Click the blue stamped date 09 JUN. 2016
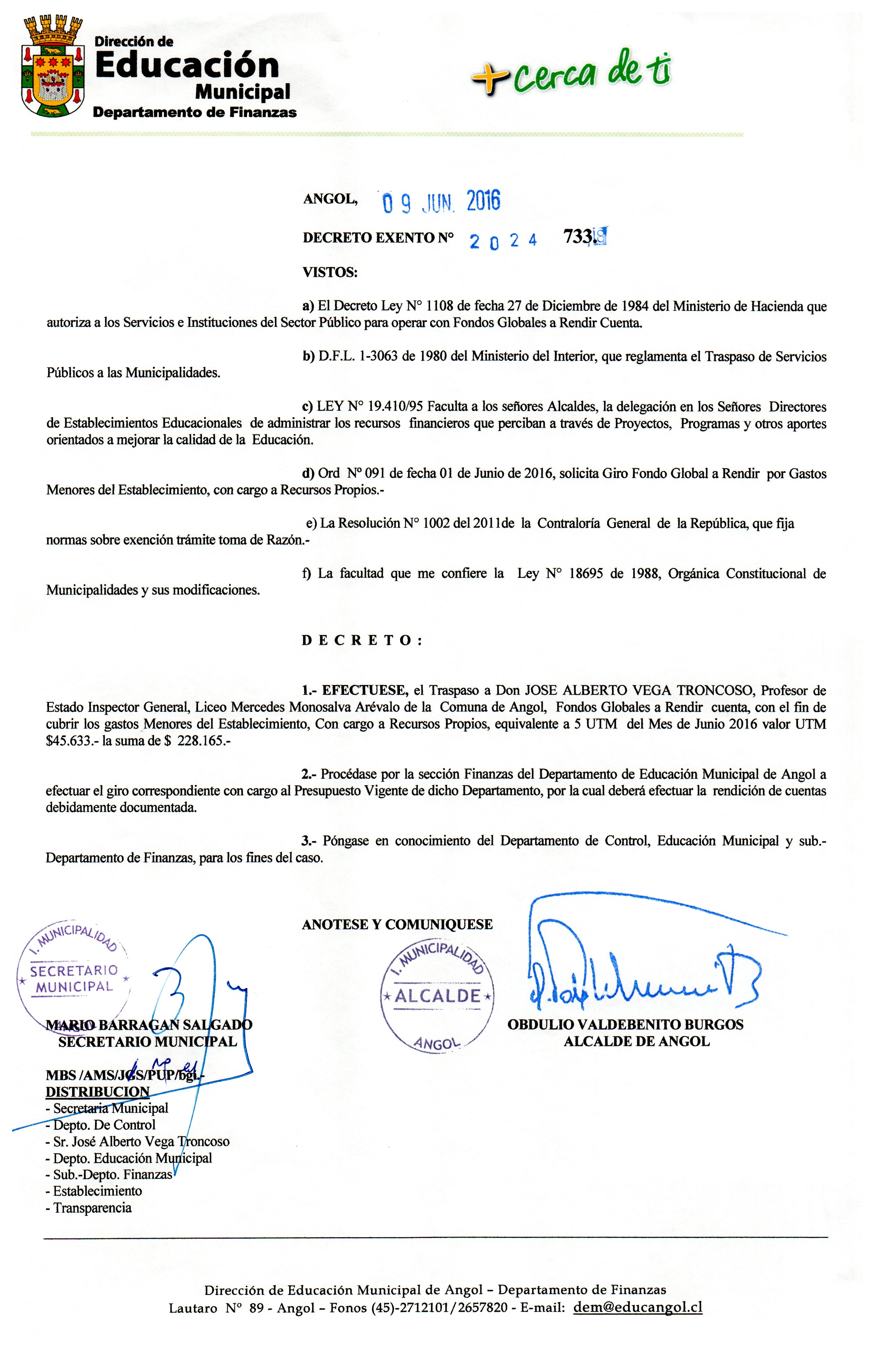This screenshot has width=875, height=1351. click(441, 203)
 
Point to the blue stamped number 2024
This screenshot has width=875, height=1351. click(503, 241)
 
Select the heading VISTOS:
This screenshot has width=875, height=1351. click(330, 273)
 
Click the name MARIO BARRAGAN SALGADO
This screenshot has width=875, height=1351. click(149, 1025)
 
